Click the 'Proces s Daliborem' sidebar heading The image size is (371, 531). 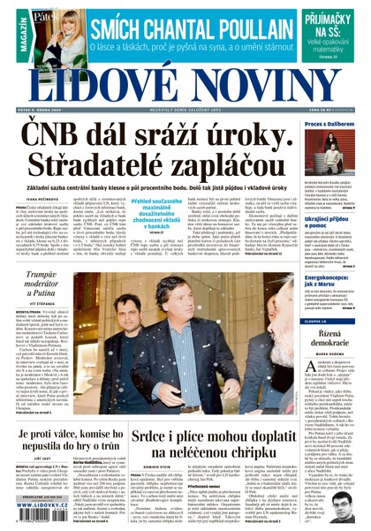(329, 125)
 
